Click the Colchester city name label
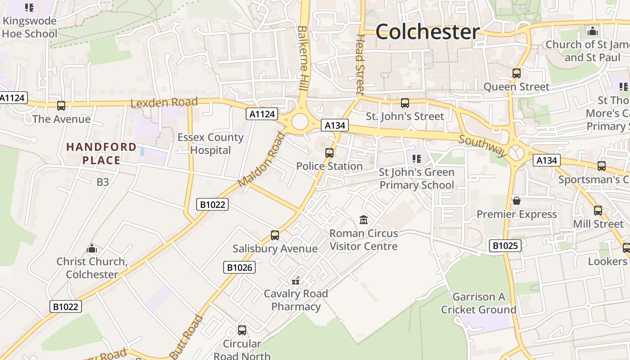click(x=427, y=31)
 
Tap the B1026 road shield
click(x=239, y=267)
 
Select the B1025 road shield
click(x=505, y=246)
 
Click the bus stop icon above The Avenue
click(x=61, y=106)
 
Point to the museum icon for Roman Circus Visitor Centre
click(x=364, y=220)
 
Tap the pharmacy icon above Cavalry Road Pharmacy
click(x=296, y=281)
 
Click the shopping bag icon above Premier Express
click(x=517, y=201)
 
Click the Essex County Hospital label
click(x=210, y=144)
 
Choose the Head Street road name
click(x=360, y=65)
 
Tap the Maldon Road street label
click(x=261, y=160)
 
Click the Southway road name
click(x=483, y=145)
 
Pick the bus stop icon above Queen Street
click(x=517, y=73)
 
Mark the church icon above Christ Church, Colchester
click(x=92, y=248)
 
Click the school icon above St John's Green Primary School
click(x=417, y=158)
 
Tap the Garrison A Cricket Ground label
click(x=478, y=303)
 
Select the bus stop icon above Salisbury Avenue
click(x=275, y=235)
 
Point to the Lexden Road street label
click(x=164, y=103)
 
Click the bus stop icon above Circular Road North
click(x=242, y=330)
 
